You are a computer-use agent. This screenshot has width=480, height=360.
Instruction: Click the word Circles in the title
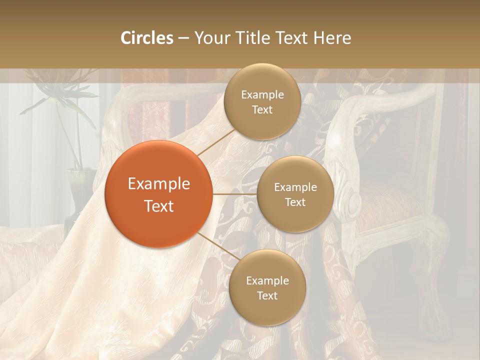coord(146,38)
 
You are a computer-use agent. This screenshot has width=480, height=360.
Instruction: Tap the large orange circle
coord(158,194)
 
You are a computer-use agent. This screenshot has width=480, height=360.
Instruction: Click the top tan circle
coord(261,102)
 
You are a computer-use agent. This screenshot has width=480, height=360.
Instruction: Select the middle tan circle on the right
coord(295,194)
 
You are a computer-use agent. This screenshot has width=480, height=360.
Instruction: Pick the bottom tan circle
coord(267,288)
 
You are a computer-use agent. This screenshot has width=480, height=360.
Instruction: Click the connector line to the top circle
coord(215,141)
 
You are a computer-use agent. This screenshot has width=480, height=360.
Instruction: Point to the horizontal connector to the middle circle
coord(234,194)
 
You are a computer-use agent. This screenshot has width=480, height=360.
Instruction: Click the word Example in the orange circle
coord(159,183)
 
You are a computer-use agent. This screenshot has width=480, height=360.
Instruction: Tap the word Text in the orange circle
coord(159,206)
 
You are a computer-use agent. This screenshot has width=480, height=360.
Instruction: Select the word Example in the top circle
coord(262,95)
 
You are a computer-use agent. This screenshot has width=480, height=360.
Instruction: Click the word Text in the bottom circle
coord(267,295)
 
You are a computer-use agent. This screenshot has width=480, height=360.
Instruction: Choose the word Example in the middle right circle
coord(295,187)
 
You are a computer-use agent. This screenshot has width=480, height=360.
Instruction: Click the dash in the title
coord(183,38)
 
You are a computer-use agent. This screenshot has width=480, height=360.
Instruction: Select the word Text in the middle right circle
coord(295,202)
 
